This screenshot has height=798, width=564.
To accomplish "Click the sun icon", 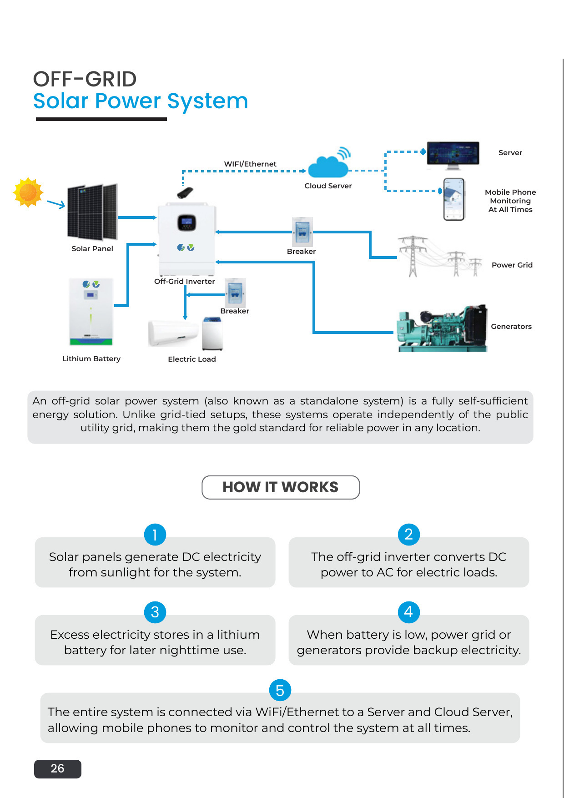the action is point(28,192).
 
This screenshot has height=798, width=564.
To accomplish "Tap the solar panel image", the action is point(92,212).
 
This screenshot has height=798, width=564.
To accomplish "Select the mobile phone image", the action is point(454,199).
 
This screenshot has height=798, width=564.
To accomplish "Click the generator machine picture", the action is point(442,328).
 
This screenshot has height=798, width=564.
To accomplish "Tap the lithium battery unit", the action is point(91,312).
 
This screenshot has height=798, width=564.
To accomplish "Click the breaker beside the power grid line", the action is point(302,232).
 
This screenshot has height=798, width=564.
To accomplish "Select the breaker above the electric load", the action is point(235,293).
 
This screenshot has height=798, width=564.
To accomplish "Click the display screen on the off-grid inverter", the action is point(186,222).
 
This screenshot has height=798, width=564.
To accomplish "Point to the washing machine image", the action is point(212,334).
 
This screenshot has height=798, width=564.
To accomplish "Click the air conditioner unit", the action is point(173,333).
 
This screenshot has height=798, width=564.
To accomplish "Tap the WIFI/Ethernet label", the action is point(250,164).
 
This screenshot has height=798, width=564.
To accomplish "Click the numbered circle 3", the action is point(155,612).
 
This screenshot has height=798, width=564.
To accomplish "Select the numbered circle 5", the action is point(280,690).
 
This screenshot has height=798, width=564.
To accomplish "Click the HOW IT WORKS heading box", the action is point(281,487).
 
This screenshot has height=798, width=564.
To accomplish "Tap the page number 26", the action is point(58,769).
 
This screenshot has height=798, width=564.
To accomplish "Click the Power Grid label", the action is point(512,265).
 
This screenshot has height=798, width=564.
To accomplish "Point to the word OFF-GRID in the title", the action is point(85,79).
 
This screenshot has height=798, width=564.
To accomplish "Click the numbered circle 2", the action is point(409,534).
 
